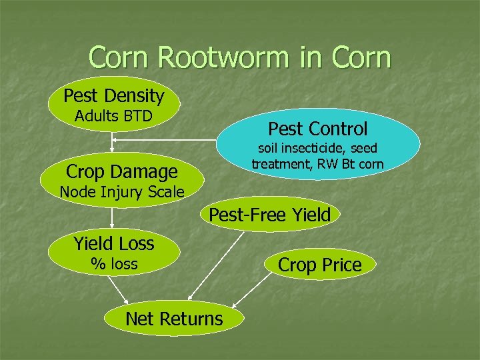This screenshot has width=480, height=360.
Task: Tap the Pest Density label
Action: (x=113, y=95)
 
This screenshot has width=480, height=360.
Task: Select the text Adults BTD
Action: (x=113, y=116)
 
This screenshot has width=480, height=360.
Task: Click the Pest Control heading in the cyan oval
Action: (x=317, y=128)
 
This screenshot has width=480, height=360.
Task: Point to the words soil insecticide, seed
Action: (x=318, y=148)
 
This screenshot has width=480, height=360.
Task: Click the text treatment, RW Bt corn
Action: (x=317, y=163)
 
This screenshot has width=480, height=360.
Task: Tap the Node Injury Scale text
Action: (x=121, y=192)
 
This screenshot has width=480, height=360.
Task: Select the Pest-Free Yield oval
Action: (x=270, y=215)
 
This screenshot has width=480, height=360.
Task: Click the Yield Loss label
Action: (x=114, y=243)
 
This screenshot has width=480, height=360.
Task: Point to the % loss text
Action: (x=114, y=264)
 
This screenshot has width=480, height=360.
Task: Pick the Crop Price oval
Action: (x=320, y=265)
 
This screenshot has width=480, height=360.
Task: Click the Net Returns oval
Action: (x=174, y=319)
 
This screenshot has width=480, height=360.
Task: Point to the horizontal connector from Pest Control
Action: (x=167, y=140)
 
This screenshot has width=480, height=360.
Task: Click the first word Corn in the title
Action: (x=126, y=57)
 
